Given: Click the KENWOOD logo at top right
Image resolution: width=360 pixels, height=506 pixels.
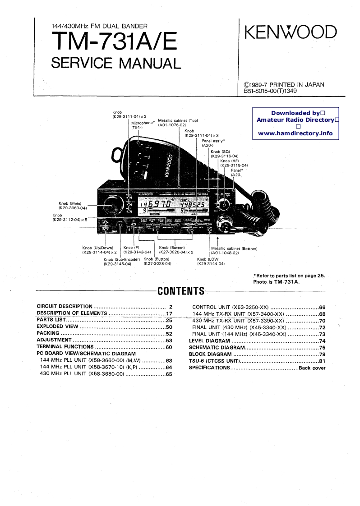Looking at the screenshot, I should [x=291, y=33].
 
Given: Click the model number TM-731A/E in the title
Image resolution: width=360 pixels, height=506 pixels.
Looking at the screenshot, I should [x=115, y=44].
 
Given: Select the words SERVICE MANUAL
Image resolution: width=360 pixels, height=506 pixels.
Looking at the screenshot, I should [x=115, y=63].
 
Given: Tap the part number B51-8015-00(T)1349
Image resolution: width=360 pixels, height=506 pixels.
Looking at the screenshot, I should [x=270, y=91].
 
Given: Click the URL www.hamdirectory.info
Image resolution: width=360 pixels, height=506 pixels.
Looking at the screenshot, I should [x=295, y=133].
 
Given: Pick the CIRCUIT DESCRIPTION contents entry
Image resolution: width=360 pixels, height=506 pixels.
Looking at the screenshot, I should [x=65, y=306].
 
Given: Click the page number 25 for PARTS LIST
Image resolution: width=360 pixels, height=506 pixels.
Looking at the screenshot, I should [x=169, y=321].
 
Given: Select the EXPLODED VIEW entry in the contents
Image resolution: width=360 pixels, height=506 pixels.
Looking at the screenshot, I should [x=58, y=327].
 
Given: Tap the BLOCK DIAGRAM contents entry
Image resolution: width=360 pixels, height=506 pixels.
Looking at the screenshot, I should [x=210, y=354].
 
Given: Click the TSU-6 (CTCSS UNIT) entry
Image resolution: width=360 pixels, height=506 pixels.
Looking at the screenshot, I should [x=213, y=361].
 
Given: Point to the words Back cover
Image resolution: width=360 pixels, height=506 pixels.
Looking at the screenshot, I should [x=312, y=368].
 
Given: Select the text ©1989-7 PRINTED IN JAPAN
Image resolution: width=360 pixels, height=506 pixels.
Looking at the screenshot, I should [x=284, y=84].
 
